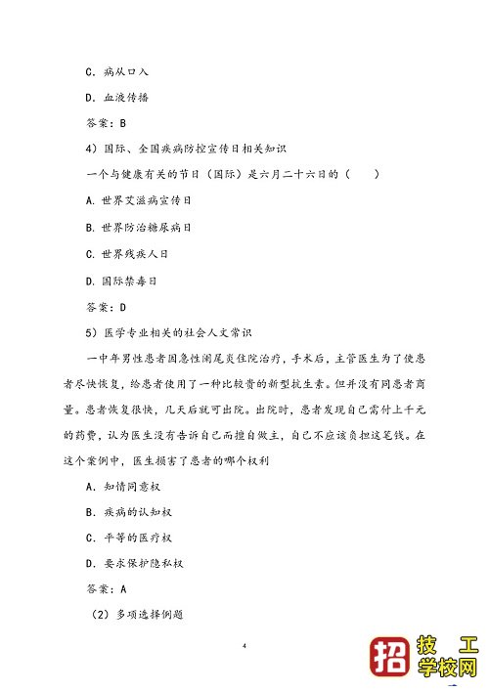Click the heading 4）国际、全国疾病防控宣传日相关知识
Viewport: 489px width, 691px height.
click(185, 150)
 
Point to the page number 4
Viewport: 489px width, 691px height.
click(244, 646)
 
